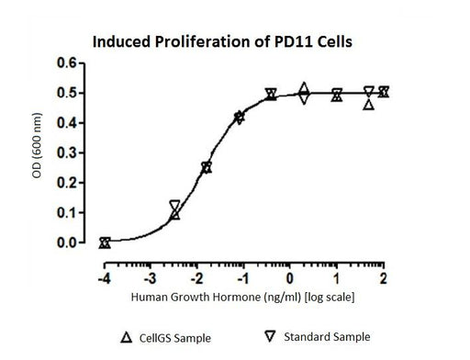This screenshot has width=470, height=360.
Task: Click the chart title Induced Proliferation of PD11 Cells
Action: tap(222, 42)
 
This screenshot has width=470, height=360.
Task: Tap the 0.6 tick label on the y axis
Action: tap(67, 63)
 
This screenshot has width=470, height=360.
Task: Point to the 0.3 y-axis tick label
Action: tap(67, 152)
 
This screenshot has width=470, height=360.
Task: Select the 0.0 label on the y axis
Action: tap(67, 242)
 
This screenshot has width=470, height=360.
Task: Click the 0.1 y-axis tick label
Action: tap(67, 212)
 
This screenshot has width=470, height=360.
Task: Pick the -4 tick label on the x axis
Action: tap(104, 279)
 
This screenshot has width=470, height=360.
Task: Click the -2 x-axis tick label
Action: tap(196, 279)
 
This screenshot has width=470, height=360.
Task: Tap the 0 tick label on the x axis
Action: tap(290, 279)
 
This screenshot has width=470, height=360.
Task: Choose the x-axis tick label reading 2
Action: tap(383, 279)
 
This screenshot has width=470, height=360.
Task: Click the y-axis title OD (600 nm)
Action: tap(37, 145)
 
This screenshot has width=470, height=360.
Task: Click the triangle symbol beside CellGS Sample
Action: tap(126, 337)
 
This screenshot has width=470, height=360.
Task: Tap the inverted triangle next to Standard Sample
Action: tap(270, 336)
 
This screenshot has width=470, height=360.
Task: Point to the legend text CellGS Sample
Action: tap(175, 338)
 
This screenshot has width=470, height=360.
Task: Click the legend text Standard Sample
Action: tap(327, 337)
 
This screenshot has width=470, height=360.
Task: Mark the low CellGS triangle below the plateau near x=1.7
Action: tap(369, 106)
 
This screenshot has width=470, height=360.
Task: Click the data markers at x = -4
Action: tap(105, 242)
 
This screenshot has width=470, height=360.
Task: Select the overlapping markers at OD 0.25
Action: tap(207, 168)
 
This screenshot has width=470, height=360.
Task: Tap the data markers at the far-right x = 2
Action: tap(384, 92)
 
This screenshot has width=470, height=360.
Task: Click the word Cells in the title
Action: tap(335, 42)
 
